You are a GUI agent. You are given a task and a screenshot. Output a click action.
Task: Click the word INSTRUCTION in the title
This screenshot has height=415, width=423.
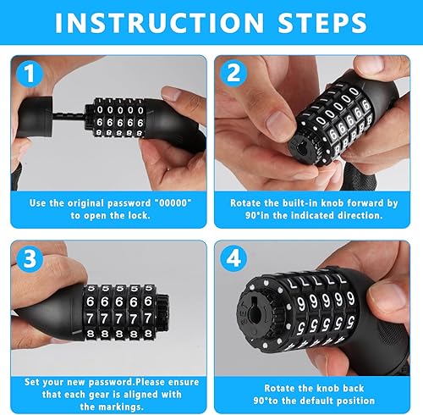(x=159, y=23)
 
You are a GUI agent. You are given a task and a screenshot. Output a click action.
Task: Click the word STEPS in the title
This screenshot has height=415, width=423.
(x=322, y=23)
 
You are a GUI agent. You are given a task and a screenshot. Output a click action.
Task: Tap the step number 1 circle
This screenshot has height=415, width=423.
(x=30, y=74)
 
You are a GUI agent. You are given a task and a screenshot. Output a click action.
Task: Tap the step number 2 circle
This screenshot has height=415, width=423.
(x=233, y=73)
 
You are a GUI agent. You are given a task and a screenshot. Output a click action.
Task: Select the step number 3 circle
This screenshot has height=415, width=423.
(x=30, y=259)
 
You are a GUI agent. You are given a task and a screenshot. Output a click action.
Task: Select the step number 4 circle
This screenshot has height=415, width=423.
(x=233, y=259)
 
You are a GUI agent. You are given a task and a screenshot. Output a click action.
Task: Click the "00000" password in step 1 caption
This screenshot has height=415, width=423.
(x=173, y=203)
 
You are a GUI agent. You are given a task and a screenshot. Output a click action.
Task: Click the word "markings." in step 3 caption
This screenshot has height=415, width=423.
(x=112, y=407)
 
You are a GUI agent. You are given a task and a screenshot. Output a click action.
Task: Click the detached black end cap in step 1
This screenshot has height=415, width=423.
(x=36, y=117)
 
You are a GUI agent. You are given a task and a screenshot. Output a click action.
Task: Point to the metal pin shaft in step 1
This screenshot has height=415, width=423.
(x=69, y=116)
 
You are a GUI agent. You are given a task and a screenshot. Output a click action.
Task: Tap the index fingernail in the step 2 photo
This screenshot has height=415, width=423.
(x=280, y=123)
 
